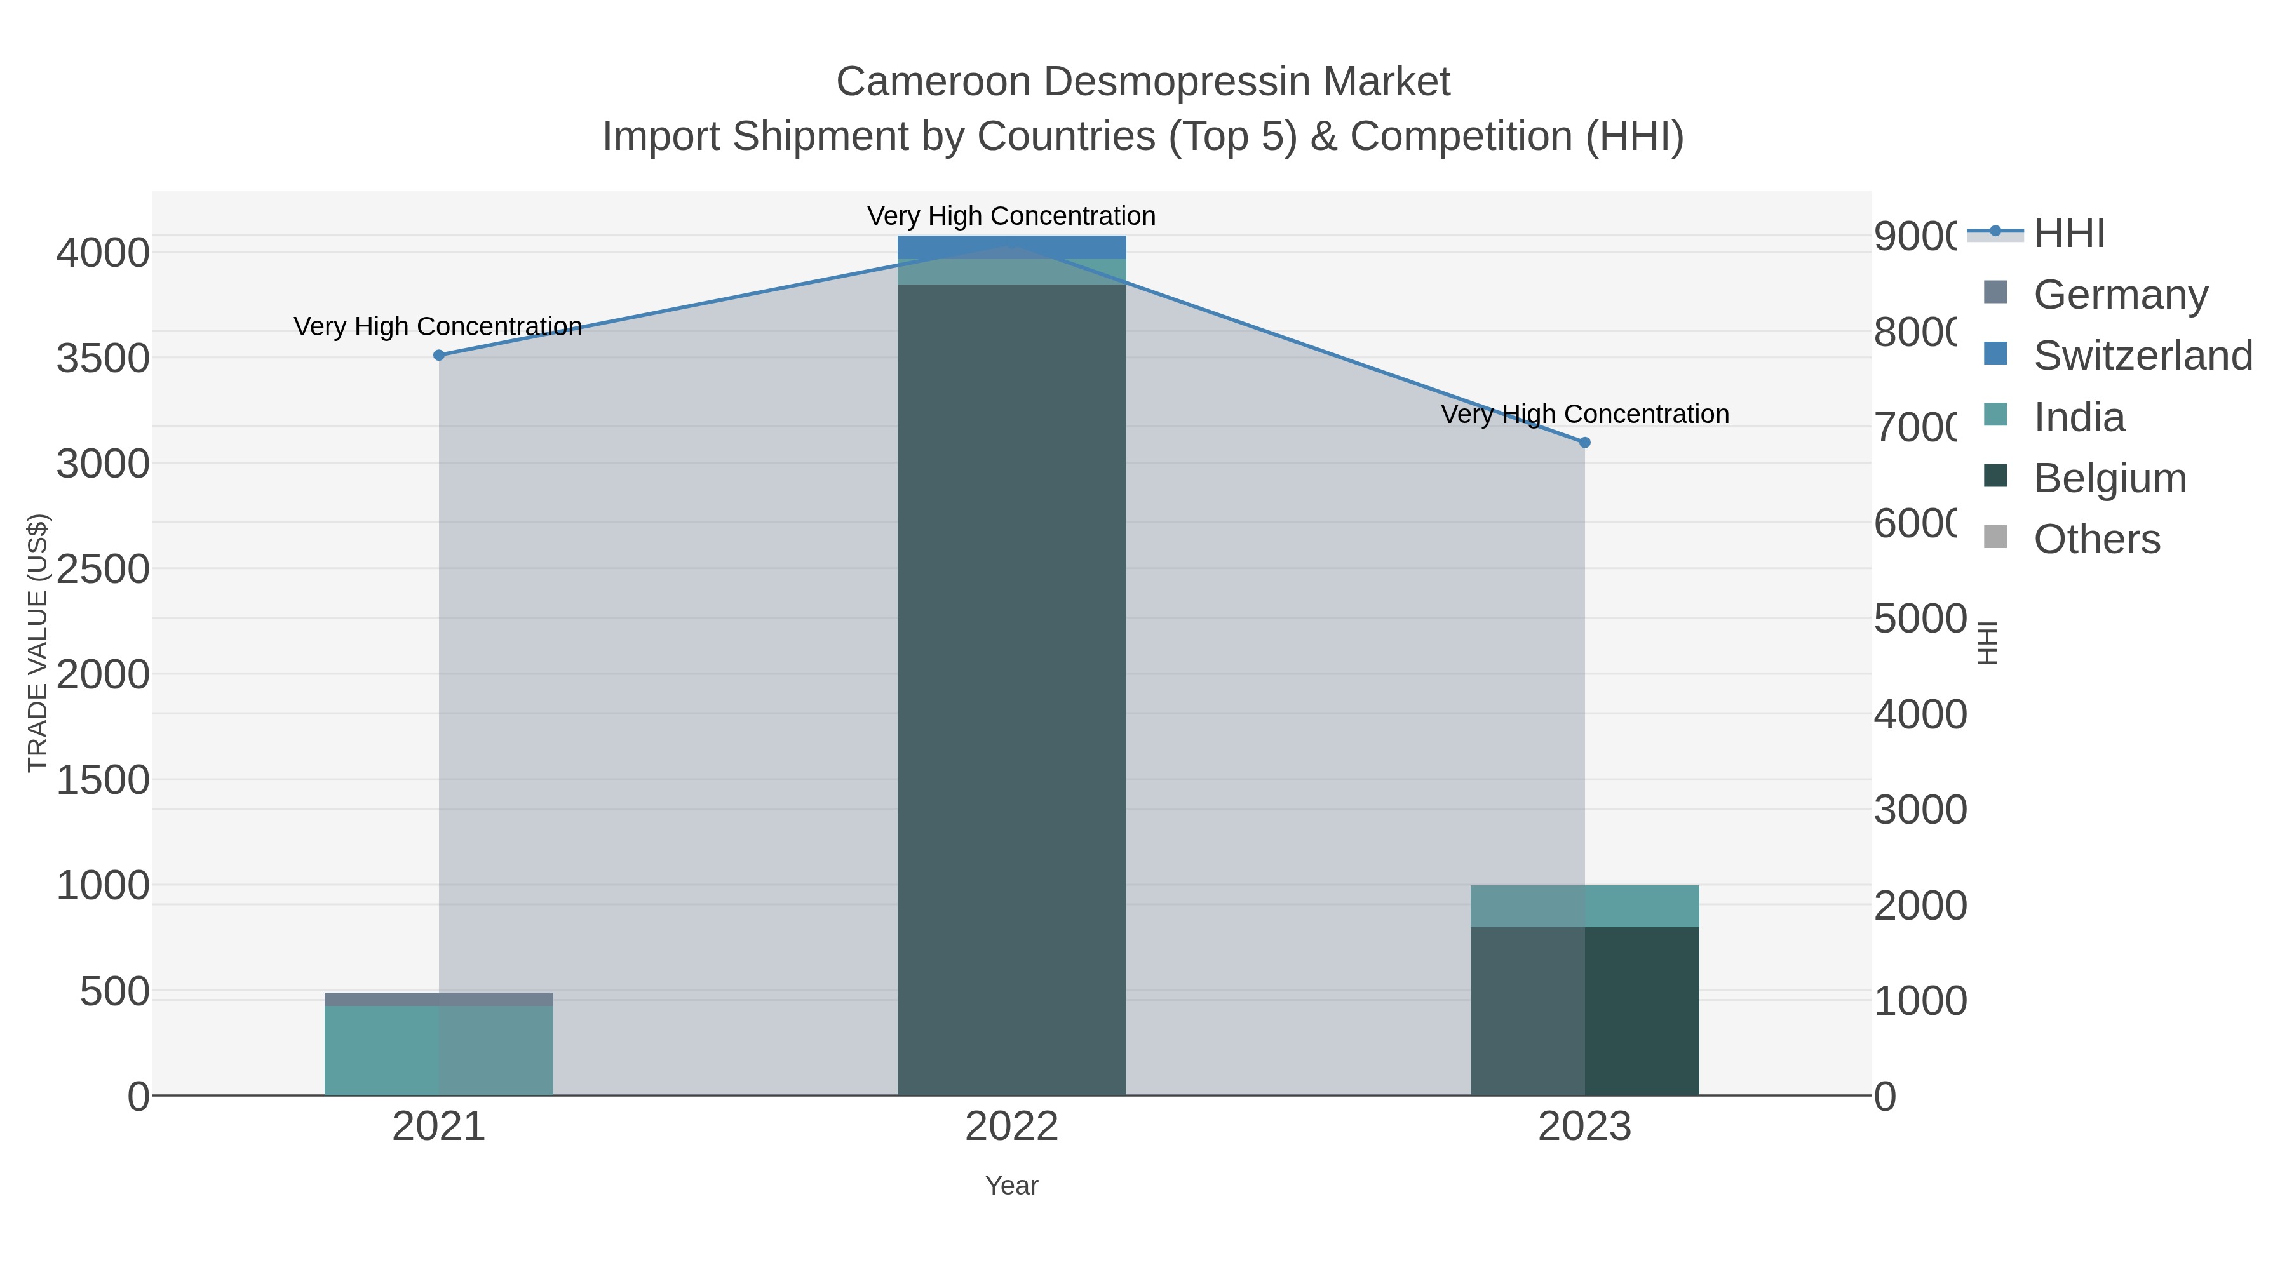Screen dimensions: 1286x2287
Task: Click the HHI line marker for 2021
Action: (438, 355)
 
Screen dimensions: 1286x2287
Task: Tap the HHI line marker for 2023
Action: (1585, 442)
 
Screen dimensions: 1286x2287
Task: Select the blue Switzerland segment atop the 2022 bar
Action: (1011, 247)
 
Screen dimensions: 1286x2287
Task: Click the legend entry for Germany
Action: (2120, 295)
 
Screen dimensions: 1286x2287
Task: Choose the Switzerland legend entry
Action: (2142, 356)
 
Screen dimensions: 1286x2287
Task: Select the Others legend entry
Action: (2096, 540)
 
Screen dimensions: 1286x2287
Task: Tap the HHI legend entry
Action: (2068, 234)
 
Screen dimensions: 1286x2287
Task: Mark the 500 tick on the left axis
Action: (114, 991)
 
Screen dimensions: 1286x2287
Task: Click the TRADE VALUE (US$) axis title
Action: (37, 643)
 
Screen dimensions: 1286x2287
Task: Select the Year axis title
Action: (1011, 1186)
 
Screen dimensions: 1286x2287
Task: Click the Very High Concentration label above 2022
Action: (1011, 217)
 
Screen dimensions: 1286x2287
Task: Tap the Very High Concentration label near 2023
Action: (1585, 415)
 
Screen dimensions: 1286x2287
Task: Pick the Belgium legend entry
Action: (2109, 478)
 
